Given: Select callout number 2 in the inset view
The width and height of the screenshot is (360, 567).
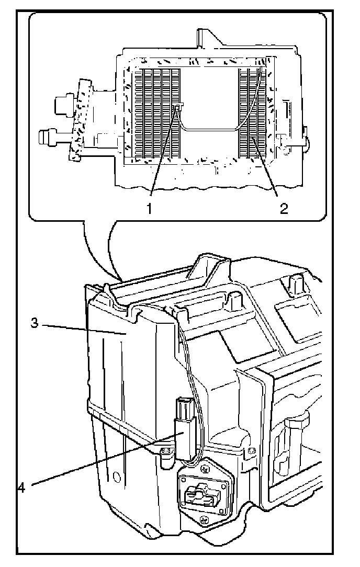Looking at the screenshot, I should (283, 209).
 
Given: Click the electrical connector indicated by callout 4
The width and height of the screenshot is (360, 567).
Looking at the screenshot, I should (185, 428).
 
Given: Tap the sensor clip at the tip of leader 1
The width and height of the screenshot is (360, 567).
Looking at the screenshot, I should (179, 107).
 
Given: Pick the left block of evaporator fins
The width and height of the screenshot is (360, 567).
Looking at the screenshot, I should (157, 112).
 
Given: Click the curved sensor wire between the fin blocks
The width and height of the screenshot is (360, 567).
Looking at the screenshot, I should (209, 128).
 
